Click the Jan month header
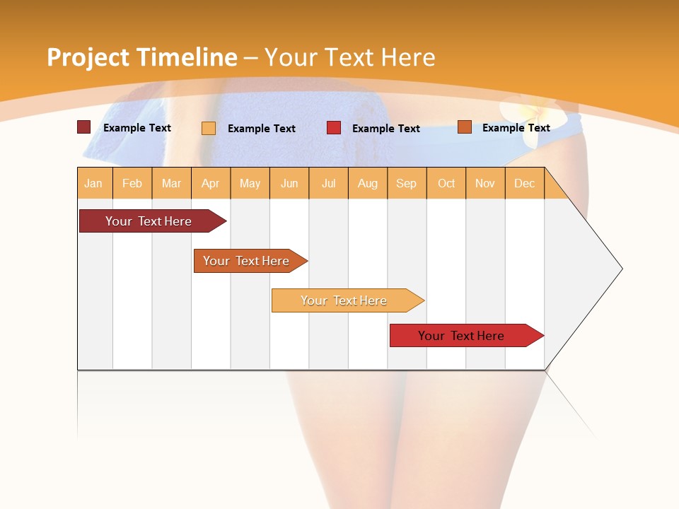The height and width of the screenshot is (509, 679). (x=93, y=183)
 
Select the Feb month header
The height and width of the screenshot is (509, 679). (x=132, y=183)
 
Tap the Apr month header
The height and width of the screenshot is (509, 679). (x=211, y=183)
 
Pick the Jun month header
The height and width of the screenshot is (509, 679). (x=289, y=183)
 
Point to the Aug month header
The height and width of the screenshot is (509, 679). (x=368, y=183)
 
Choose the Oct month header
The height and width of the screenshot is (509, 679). (x=446, y=183)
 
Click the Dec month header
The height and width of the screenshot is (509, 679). (x=525, y=183)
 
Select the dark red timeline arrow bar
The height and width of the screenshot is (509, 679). (x=149, y=221)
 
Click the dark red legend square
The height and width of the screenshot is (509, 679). (x=83, y=127)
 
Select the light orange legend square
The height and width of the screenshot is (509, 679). (x=209, y=128)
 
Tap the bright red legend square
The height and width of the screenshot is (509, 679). (x=334, y=128)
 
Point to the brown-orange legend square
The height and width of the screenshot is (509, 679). (x=464, y=127)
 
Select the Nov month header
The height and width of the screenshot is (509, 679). (x=485, y=183)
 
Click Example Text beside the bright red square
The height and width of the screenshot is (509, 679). (x=386, y=129)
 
